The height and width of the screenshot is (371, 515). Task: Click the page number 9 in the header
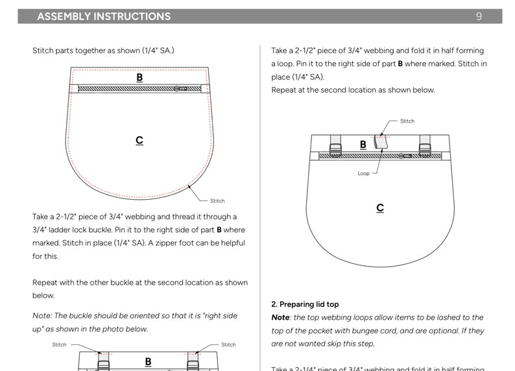coord(479,16)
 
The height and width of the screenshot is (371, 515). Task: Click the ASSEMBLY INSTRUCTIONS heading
coord(104,16)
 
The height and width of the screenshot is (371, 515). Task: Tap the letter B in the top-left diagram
coord(139,77)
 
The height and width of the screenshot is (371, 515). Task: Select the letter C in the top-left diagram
coord(139,140)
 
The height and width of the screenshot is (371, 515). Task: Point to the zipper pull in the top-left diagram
coord(180,88)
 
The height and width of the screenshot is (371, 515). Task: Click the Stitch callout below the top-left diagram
coord(217,201)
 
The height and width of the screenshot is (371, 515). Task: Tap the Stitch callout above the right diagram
coord(407,121)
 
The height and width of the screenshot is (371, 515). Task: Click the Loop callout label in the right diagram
coord(364,173)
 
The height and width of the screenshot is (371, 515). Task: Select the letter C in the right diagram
coord(380,208)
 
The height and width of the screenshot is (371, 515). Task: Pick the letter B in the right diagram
coord(363,145)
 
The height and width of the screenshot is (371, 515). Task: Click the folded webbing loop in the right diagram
coord(381,142)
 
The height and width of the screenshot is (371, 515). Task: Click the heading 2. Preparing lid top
coord(305,304)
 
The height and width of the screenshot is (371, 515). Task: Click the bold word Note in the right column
coord(280,317)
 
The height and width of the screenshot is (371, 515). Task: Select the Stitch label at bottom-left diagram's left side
coord(59,345)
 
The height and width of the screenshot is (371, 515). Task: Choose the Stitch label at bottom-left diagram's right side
coord(228,345)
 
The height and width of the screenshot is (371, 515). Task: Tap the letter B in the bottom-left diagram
coord(148,361)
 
